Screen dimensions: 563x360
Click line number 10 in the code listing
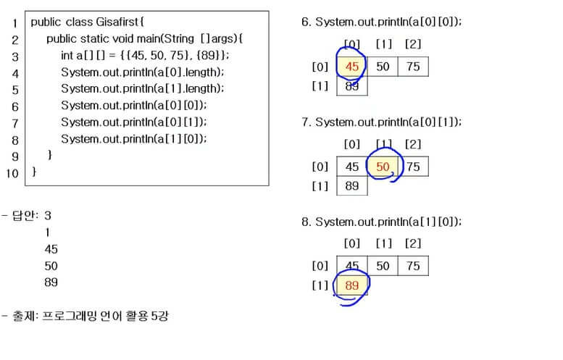click(x=12, y=173)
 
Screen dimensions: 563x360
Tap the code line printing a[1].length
click(x=143, y=88)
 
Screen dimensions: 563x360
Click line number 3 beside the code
click(x=14, y=56)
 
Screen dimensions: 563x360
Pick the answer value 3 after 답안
click(x=48, y=215)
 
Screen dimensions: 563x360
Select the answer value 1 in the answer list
click(x=48, y=232)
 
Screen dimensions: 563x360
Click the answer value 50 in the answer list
click(x=51, y=265)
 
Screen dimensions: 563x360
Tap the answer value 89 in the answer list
click(x=51, y=282)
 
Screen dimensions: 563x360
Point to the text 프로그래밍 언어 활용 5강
click(x=106, y=316)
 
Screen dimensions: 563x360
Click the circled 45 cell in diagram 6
click(x=352, y=67)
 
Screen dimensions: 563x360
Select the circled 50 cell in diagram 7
click(x=383, y=167)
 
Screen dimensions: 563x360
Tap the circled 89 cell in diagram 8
click(x=352, y=285)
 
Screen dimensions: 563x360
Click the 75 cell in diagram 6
click(x=413, y=67)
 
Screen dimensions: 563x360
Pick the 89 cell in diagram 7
click(x=352, y=186)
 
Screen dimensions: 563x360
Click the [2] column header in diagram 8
click(x=413, y=243)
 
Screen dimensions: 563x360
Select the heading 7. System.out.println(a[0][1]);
click(x=381, y=122)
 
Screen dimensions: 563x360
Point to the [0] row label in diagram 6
click(x=320, y=67)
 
